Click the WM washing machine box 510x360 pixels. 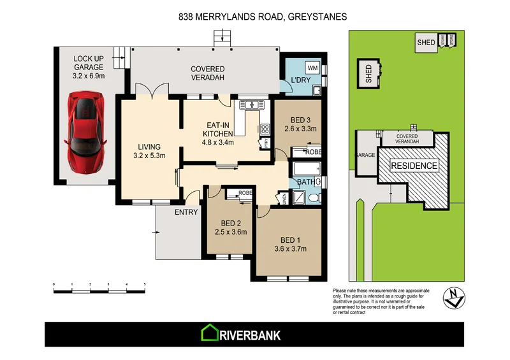click(312, 68)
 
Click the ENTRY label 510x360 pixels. click(186, 212)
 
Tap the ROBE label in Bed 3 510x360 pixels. click(312, 153)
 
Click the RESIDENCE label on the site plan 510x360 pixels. click(414, 166)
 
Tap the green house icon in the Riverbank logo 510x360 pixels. click(209, 334)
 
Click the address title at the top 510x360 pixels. click(254, 18)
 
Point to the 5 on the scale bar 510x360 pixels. click(145, 284)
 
